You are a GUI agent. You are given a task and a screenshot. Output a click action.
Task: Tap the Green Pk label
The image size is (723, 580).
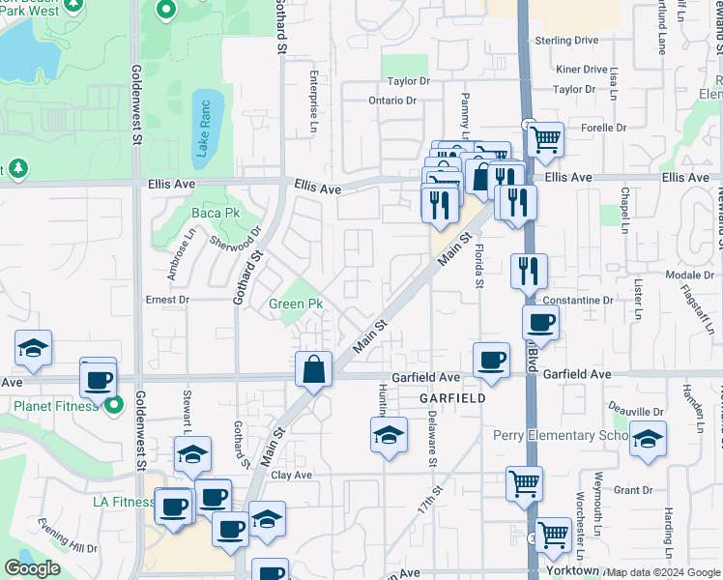pyautogui.click(x=295, y=304)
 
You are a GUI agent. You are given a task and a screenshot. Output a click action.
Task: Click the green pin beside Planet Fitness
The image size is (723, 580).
pyautogui.click(x=114, y=406)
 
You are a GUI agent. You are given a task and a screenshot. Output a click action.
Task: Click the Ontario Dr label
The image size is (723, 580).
pyautogui.click(x=391, y=100)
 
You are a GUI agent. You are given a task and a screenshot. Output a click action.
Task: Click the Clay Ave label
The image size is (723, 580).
pyautogui.click(x=291, y=475)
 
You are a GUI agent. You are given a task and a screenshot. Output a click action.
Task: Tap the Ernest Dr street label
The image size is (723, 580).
pyautogui.click(x=167, y=301)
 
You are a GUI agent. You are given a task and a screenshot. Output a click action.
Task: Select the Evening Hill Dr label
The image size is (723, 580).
pyautogui.click(x=69, y=536)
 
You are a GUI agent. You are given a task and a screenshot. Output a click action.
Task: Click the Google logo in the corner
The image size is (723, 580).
pyautogui.click(x=33, y=567)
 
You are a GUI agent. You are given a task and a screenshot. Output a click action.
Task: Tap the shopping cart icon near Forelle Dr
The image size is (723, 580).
pyautogui.click(x=546, y=139)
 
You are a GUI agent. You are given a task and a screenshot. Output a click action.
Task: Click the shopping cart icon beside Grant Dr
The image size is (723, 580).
pyautogui.click(x=524, y=483)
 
